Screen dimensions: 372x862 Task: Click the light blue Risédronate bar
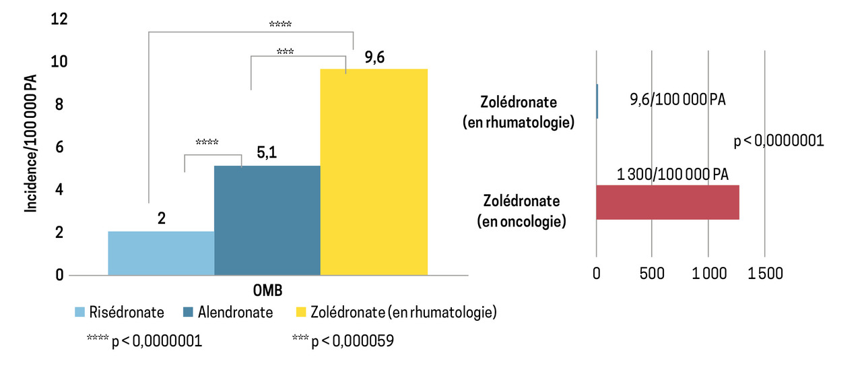point(161,253)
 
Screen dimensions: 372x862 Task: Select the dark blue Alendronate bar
point(267,220)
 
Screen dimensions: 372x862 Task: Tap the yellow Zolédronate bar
point(374,172)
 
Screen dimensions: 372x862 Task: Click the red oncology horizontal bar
point(667,202)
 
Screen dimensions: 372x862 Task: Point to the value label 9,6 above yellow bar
point(374,58)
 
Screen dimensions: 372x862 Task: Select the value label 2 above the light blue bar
point(162,219)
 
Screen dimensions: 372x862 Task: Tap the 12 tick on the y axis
point(59,19)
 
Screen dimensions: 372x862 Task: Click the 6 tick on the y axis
point(59,147)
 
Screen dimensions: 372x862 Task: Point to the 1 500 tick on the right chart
point(764,274)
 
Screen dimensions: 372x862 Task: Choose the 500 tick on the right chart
point(652,274)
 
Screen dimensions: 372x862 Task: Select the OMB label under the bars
point(267,290)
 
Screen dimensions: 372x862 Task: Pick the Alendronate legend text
point(235,312)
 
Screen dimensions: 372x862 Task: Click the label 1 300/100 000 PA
point(672,175)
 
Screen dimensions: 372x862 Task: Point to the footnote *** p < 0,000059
point(343,342)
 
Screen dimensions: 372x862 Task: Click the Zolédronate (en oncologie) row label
point(523,211)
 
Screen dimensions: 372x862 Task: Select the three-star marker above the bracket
point(284,51)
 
